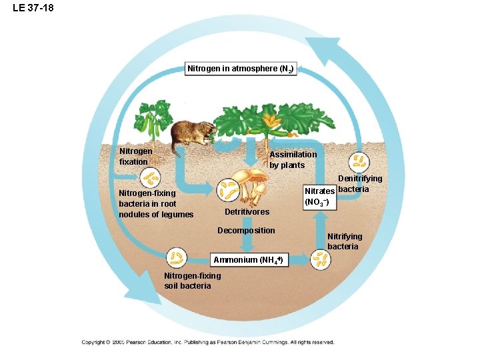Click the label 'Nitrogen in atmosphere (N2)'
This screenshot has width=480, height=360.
239,69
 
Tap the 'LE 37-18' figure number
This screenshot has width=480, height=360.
33,8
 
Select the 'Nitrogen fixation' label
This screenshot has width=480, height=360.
135,156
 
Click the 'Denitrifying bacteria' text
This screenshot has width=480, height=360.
360,183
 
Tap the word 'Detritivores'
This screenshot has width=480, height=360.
247,212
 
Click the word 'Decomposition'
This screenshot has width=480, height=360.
246,231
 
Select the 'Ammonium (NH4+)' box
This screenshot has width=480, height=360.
249,260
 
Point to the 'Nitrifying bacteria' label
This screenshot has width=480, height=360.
345,241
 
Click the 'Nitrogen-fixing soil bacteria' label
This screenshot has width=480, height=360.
192,281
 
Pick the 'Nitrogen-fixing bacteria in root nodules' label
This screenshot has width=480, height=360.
155,204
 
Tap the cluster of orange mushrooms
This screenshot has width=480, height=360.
254,184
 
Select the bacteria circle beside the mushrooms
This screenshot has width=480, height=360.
229,189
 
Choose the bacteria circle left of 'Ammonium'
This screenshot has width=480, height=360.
177,257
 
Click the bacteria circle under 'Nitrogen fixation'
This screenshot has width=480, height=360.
151,178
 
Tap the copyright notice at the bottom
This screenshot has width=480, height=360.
207,342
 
